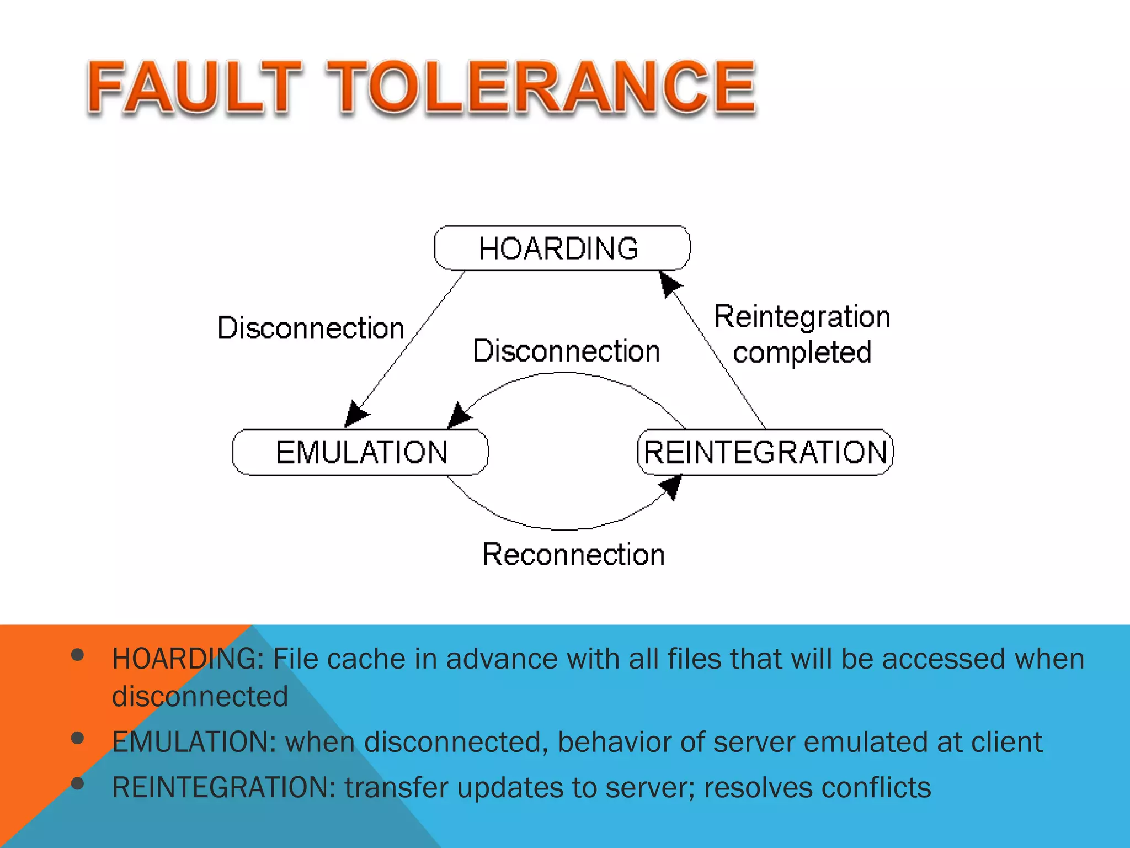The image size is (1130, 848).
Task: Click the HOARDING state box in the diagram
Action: (562, 248)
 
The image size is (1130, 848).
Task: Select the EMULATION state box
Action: (361, 452)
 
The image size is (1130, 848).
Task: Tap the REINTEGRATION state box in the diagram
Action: (765, 452)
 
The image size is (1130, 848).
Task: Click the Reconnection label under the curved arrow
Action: (573, 554)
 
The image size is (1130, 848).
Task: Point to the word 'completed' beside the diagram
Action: (802, 353)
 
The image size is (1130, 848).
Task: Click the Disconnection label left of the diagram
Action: (311, 328)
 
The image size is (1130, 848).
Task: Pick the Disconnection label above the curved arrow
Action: (567, 351)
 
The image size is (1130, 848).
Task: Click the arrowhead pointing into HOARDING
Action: (669, 283)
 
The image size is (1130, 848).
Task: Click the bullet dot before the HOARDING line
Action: (78, 655)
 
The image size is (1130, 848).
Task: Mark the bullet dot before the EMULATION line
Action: (78, 738)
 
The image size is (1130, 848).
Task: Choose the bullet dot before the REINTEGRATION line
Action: (78, 783)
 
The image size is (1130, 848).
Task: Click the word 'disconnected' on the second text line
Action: (200, 696)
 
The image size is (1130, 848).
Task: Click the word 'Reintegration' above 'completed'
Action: (802, 317)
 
